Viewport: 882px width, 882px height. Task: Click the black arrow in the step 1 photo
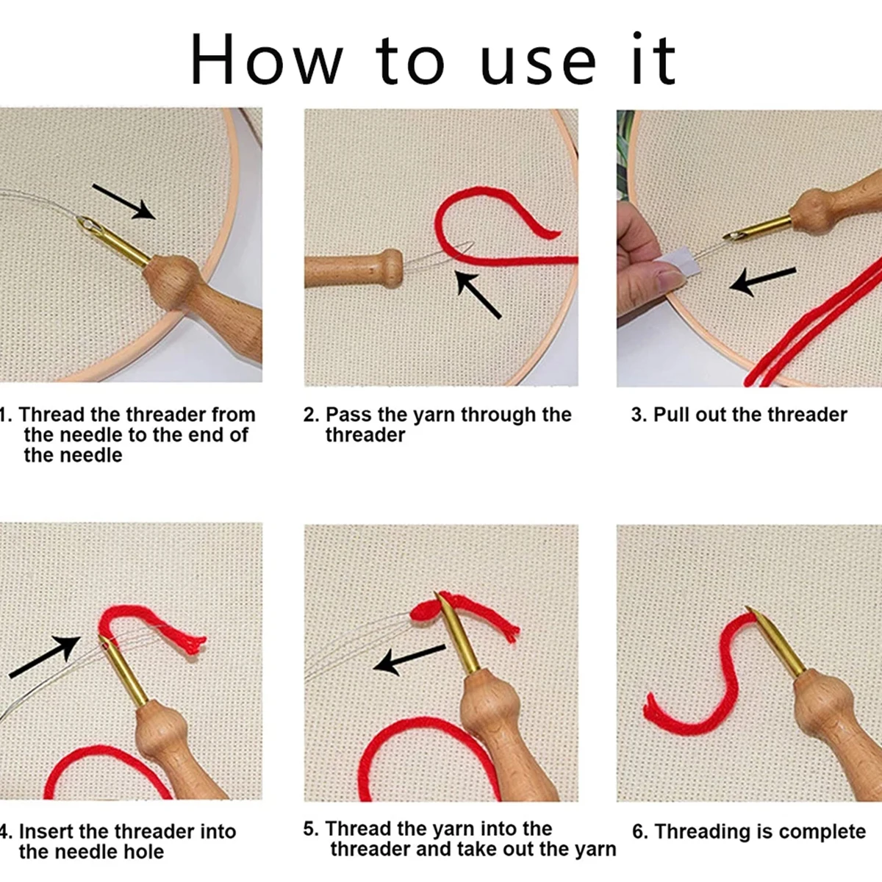click(x=123, y=201)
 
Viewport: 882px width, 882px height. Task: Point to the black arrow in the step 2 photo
click(x=478, y=293)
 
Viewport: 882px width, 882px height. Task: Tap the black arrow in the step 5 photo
click(x=409, y=659)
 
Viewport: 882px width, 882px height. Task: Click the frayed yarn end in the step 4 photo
click(x=196, y=644)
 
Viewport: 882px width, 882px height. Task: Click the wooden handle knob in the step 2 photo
click(x=392, y=268)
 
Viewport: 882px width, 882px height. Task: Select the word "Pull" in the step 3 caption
click(x=671, y=415)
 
